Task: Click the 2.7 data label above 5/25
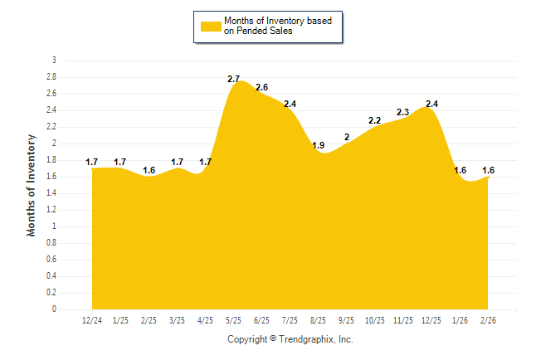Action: (233, 79)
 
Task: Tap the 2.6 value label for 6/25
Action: (261, 87)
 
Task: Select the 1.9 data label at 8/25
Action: (318, 145)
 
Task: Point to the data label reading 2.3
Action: (403, 112)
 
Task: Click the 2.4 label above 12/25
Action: (431, 104)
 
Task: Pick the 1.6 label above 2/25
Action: (149, 170)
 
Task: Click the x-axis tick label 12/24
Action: (92, 320)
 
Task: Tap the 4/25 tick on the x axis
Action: (205, 320)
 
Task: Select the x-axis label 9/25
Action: (346, 320)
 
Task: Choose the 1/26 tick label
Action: (459, 320)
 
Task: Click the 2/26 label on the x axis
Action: (487, 320)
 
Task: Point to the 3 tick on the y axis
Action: (54, 61)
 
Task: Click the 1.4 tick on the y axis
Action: (51, 193)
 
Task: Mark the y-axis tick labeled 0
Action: (54, 309)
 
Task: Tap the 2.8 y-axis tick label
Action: (51, 77)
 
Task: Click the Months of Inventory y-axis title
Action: (32, 185)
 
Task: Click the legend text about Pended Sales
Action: (277, 26)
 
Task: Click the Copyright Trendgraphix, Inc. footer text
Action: (290, 339)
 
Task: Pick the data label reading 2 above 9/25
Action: (347, 137)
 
